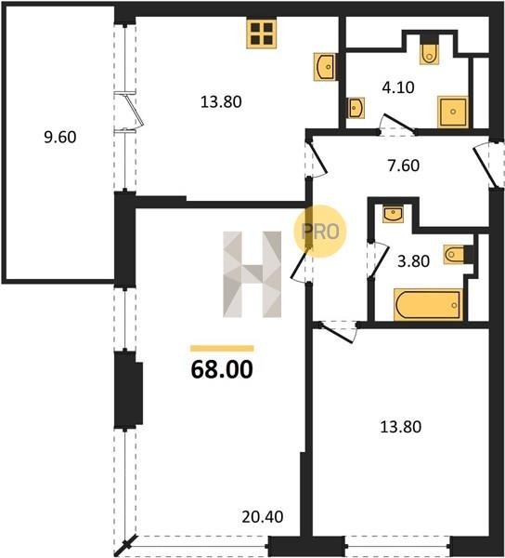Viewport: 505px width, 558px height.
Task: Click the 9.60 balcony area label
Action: tap(60, 138)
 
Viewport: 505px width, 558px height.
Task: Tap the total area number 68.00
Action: tap(222, 370)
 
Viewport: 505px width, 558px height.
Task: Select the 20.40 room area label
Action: tap(263, 517)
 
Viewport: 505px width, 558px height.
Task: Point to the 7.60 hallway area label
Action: tap(403, 166)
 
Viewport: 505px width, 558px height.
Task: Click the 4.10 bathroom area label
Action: tap(398, 87)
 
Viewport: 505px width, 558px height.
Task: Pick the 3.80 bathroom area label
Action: tap(414, 261)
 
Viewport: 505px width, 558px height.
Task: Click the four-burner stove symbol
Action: tap(262, 33)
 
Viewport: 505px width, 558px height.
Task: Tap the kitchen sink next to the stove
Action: tap(324, 67)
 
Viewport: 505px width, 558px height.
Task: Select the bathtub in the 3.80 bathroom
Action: tap(428, 305)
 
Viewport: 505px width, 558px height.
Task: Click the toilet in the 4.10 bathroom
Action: tap(430, 50)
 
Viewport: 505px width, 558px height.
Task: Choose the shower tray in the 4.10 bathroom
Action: tap(452, 112)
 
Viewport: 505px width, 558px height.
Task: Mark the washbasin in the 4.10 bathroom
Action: tap(356, 108)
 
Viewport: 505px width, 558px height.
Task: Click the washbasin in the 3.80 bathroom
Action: tap(393, 214)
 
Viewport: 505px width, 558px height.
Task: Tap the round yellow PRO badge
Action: tap(319, 232)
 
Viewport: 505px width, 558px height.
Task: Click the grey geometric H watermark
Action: tap(252, 274)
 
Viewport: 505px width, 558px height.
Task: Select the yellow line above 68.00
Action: tap(222, 349)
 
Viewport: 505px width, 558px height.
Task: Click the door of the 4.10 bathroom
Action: tap(397, 124)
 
